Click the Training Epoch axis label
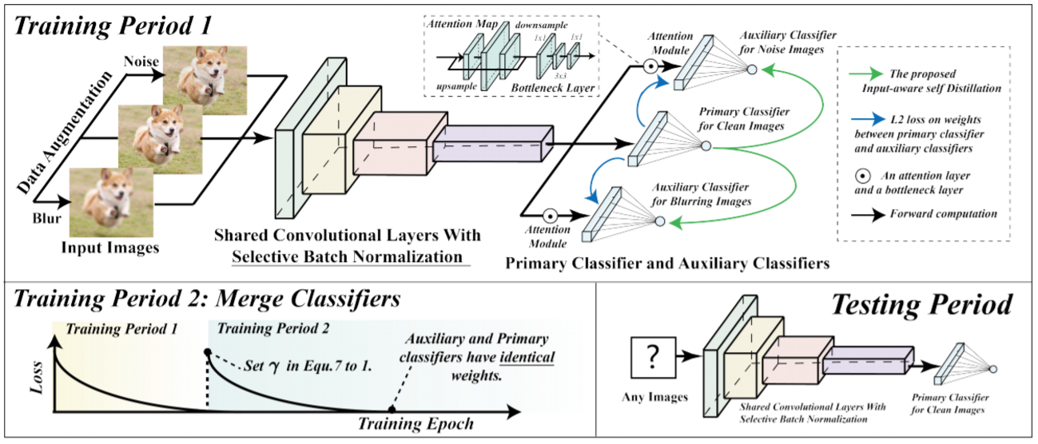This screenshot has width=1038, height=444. coord(404,424)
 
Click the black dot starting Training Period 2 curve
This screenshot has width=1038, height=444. coord(208,351)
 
